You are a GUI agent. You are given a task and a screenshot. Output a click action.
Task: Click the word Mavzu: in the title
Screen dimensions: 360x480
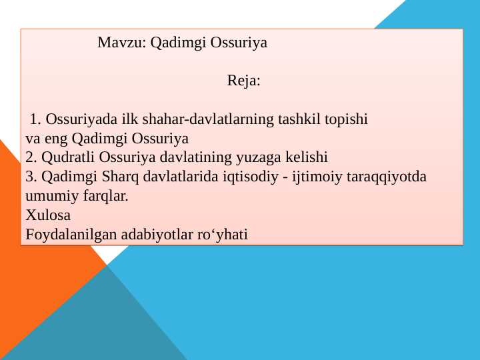[122, 43]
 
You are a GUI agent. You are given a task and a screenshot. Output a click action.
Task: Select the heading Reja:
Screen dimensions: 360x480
[243, 81]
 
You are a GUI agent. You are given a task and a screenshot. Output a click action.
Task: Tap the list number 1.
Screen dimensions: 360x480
[36, 120]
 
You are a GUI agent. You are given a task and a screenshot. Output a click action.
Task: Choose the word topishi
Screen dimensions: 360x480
[347, 120]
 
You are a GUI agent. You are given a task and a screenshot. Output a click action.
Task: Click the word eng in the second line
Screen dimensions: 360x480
[55, 139]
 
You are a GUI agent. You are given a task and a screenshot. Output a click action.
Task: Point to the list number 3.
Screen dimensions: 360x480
[31, 177]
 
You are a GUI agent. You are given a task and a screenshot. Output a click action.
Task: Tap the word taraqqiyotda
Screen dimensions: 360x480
[387, 177]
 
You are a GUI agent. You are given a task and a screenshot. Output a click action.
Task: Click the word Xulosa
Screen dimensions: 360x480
[47, 215]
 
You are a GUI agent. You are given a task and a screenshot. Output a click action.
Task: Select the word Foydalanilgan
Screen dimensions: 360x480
[65, 235]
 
